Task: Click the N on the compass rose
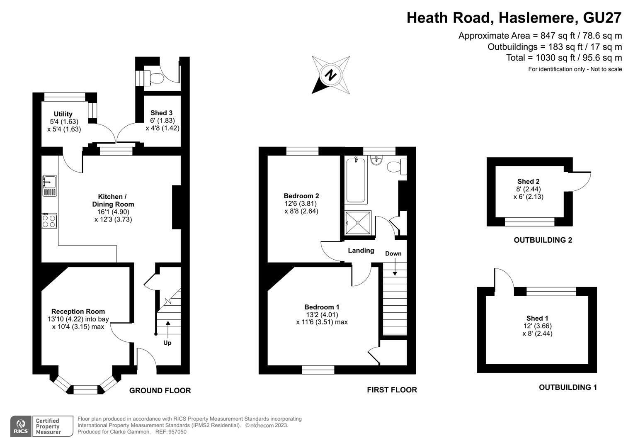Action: point(330,75)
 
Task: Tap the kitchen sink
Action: point(50,186)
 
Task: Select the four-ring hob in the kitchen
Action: point(49,221)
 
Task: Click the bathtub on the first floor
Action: point(356,180)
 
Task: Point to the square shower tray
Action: point(358,223)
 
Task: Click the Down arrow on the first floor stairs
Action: point(395,266)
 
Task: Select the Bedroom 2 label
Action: point(301,196)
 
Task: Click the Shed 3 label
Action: point(161,113)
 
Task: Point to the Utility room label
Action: point(63,114)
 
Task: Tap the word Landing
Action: point(361,251)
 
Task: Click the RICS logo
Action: point(21,426)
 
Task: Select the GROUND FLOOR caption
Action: point(160,391)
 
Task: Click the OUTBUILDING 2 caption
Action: point(543,240)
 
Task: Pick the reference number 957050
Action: point(177,432)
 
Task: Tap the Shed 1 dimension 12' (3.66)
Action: point(538,326)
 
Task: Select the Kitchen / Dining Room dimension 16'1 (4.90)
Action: point(113,212)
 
